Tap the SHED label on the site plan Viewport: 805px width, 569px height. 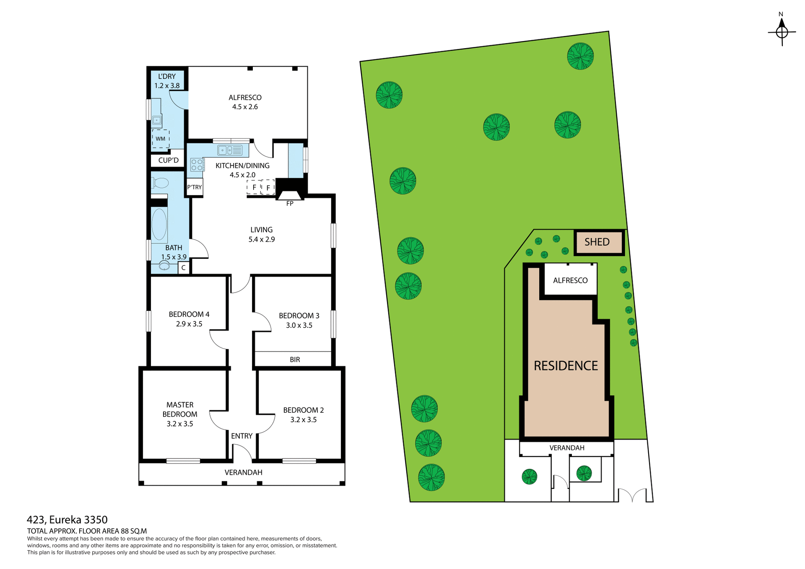pos(597,242)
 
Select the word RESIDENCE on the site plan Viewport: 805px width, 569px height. pos(566,366)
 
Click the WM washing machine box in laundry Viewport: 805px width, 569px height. pos(161,139)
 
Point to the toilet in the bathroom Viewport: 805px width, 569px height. pos(161,183)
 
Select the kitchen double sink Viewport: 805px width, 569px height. pos(230,150)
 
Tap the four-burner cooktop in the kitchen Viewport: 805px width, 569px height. pos(197,165)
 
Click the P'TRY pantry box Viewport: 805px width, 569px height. pos(195,187)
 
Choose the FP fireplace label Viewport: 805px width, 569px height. pos(290,204)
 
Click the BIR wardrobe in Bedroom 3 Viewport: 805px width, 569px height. pos(294,360)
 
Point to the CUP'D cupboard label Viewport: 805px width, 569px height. pos(168,160)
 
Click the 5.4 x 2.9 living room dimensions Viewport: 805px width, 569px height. pos(261,240)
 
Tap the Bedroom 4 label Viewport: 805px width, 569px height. pos(189,314)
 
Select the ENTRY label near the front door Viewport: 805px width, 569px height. pos(241,436)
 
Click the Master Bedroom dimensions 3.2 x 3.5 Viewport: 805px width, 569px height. pos(179,424)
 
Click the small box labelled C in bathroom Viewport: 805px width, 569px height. pos(183,268)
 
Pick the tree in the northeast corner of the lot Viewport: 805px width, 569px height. pos(580,56)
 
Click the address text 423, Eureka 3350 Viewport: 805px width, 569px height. pos(67,520)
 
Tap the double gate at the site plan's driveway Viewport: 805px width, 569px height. pos(632,495)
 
